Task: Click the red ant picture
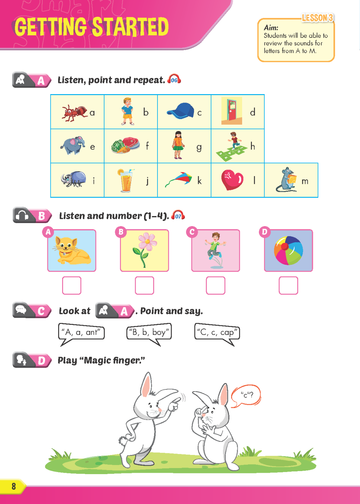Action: (x=75, y=113)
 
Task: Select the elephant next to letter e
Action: (x=73, y=145)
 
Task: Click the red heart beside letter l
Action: (x=232, y=180)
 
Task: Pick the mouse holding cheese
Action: (x=286, y=179)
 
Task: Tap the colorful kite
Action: (x=179, y=179)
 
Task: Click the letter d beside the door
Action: (x=253, y=112)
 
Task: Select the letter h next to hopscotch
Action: (x=253, y=146)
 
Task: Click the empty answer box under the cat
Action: (x=72, y=285)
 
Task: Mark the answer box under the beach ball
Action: (x=288, y=285)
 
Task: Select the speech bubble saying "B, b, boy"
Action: (x=149, y=333)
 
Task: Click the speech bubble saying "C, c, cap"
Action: (x=217, y=333)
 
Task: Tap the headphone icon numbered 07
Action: (x=178, y=215)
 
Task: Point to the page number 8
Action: (x=14, y=486)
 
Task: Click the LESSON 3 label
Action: (x=317, y=18)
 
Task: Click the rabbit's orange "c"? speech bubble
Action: (x=246, y=396)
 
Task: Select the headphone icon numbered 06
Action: (x=174, y=79)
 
